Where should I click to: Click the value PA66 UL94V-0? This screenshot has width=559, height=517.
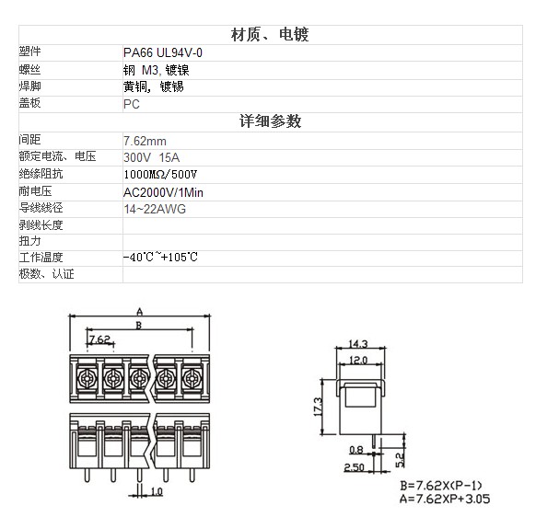[163, 52]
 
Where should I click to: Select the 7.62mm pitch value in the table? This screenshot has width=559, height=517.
[145, 141]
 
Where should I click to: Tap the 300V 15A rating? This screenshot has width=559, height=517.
[152, 157]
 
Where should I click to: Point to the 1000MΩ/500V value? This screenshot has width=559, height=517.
[160, 174]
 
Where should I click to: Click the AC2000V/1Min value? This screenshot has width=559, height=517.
[163, 192]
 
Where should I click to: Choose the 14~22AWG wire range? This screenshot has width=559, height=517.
[155, 209]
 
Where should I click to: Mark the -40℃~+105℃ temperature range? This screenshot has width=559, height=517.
[160, 257]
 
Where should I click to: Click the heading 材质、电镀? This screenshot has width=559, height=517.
[270, 35]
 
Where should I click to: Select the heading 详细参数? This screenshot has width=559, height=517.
[270, 121]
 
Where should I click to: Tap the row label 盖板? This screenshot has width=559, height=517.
[30, 103]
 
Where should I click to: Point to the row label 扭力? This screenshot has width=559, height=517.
[30, 241]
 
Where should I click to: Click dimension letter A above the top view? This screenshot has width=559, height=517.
[140, 312]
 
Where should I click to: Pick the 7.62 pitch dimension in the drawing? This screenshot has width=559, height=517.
[99, 339]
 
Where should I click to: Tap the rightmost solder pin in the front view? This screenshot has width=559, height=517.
[192, 476]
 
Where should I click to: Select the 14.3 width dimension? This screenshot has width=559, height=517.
[358, 344]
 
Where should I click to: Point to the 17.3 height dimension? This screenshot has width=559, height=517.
[318, 407]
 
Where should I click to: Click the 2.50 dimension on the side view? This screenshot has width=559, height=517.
[354, 466]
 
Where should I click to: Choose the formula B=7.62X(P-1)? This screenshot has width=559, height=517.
[441, 486]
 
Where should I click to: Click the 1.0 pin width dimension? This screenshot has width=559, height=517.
[157, 492]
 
